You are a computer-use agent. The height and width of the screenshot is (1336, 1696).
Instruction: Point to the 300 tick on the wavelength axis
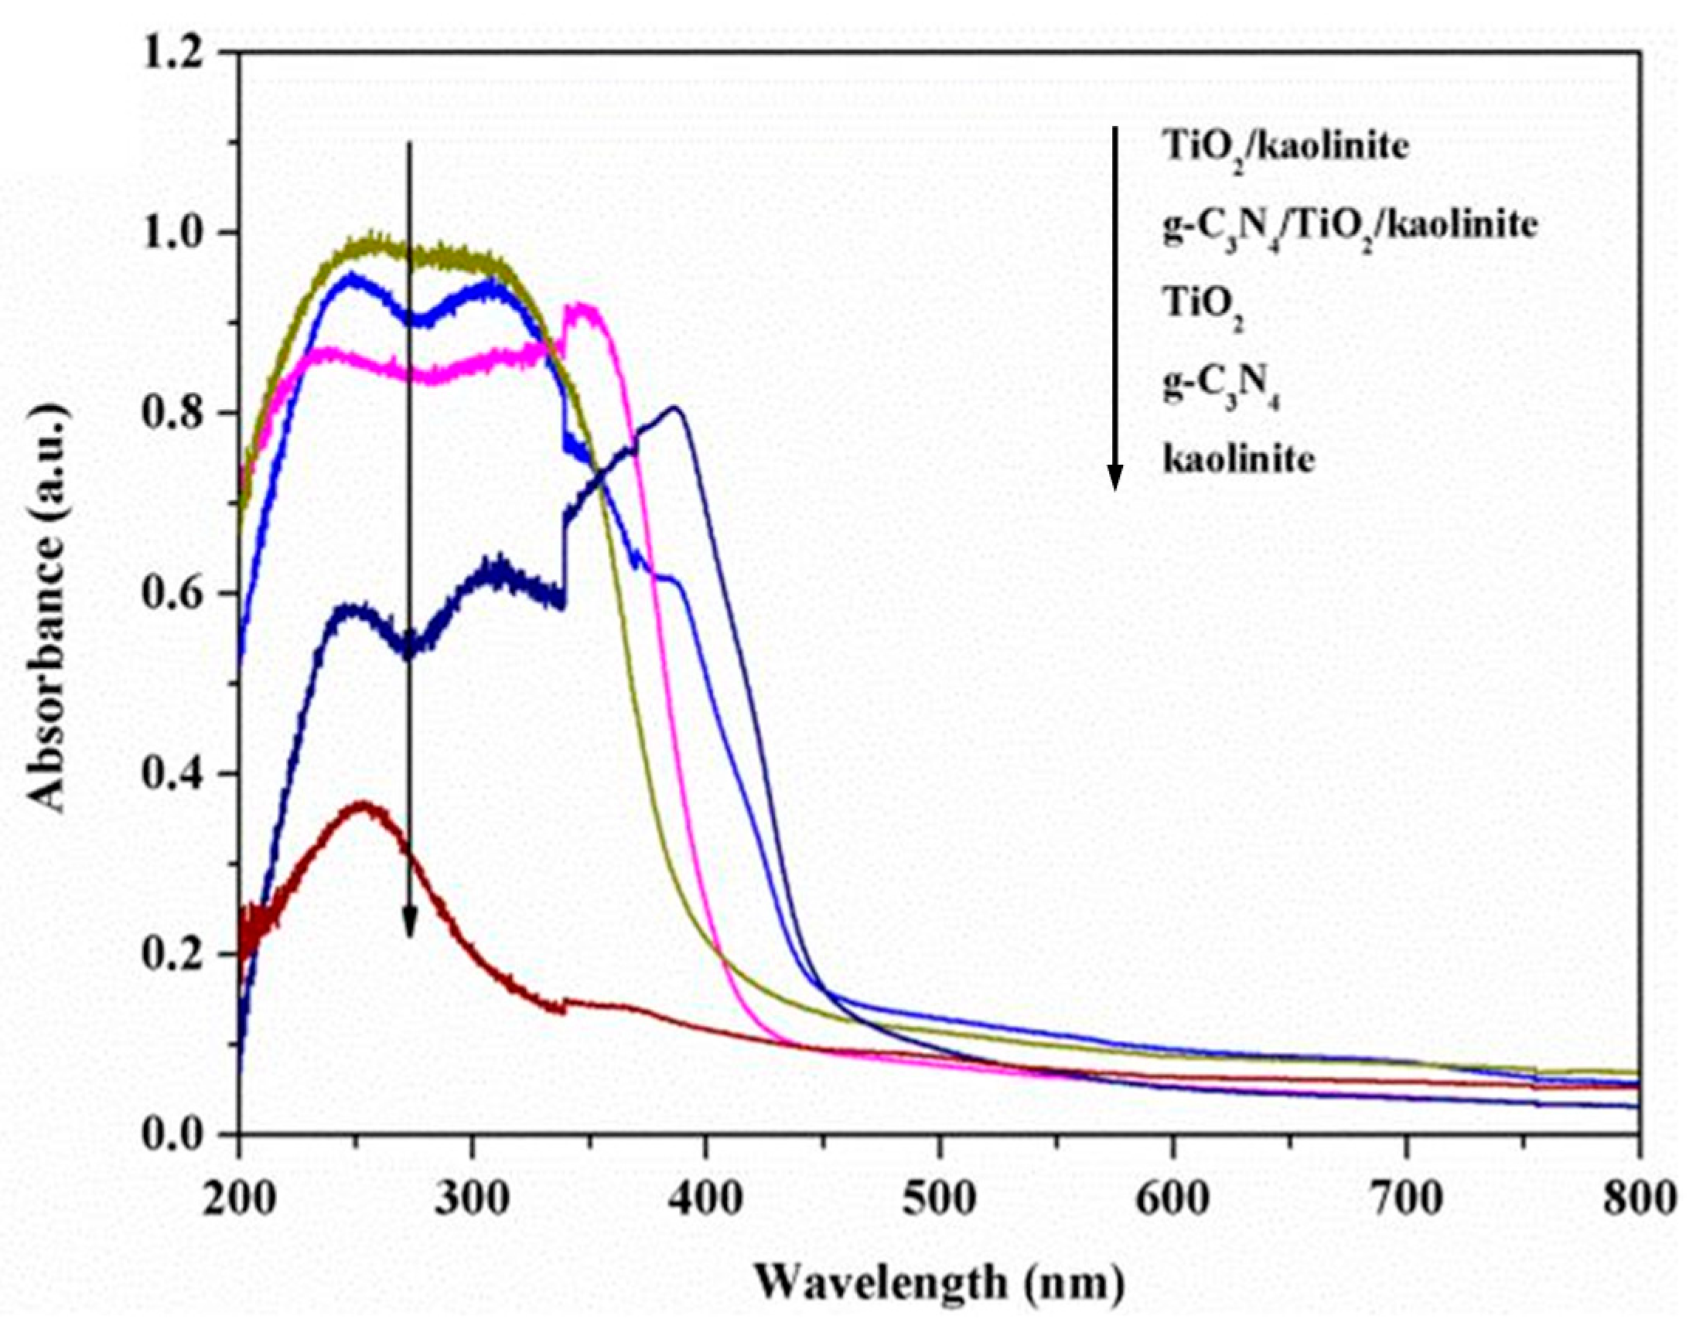[471, 1198]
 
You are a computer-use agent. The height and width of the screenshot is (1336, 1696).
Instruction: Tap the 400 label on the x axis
[705, 1198]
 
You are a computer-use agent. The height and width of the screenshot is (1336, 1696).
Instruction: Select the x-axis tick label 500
[939, 1198]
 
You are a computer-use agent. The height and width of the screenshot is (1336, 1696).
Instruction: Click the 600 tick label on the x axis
[1172, 1198]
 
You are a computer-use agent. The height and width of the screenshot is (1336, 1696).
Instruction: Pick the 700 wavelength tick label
[1406, 1198]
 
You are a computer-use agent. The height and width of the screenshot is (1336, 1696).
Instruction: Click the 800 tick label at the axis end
[1640, 1198]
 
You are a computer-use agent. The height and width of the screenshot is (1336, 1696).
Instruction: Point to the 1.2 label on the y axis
[179, 53]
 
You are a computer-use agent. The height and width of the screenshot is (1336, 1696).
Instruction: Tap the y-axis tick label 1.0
[179, 233]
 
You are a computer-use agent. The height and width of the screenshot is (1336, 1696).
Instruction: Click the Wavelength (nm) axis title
[939, 1283]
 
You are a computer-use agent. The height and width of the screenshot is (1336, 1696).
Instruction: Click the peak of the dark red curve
[361, 806]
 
